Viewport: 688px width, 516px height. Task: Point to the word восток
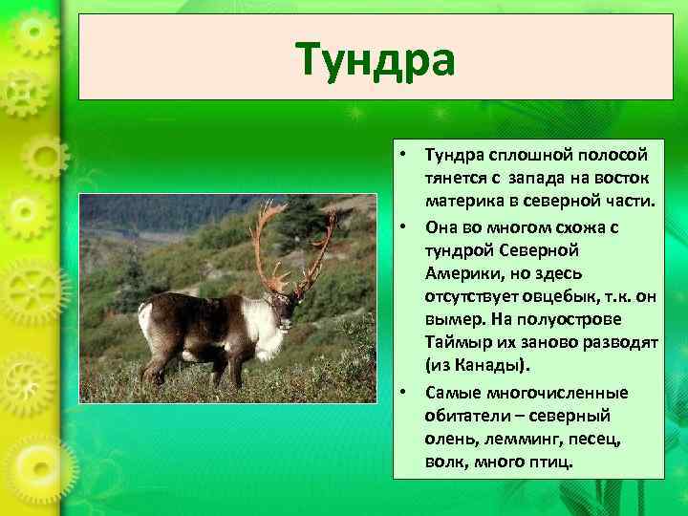pos(622,179)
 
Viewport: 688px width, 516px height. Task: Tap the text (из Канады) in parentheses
pos(476,366)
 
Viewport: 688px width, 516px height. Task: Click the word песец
pos(595,439)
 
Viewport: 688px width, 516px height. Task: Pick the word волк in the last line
pos(445,462)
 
